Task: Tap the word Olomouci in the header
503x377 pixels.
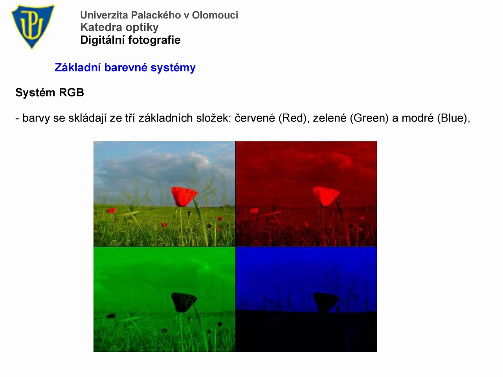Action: click(x=215, y=15)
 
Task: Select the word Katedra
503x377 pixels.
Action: click(x=101, y=27)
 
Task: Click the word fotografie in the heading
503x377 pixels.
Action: click(x=154, y=40)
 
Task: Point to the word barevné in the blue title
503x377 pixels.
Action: click(x=126, y=68)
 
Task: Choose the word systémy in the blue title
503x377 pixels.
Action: click(x=173, y=68)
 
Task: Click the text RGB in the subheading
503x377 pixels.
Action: click(x=72, y=93)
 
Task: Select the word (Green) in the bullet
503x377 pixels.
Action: click(x=369, y=118)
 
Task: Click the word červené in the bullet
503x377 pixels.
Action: click(x=255, y=118)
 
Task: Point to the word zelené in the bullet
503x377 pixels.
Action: click(x=330, y=118)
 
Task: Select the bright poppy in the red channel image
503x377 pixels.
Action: click(x=326, y=196)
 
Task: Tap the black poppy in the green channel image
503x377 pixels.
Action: click(x=184, y=302)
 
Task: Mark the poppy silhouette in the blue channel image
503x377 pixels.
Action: click(x=326, y=302)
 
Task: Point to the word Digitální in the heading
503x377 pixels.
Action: click(x=103, y=40)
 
